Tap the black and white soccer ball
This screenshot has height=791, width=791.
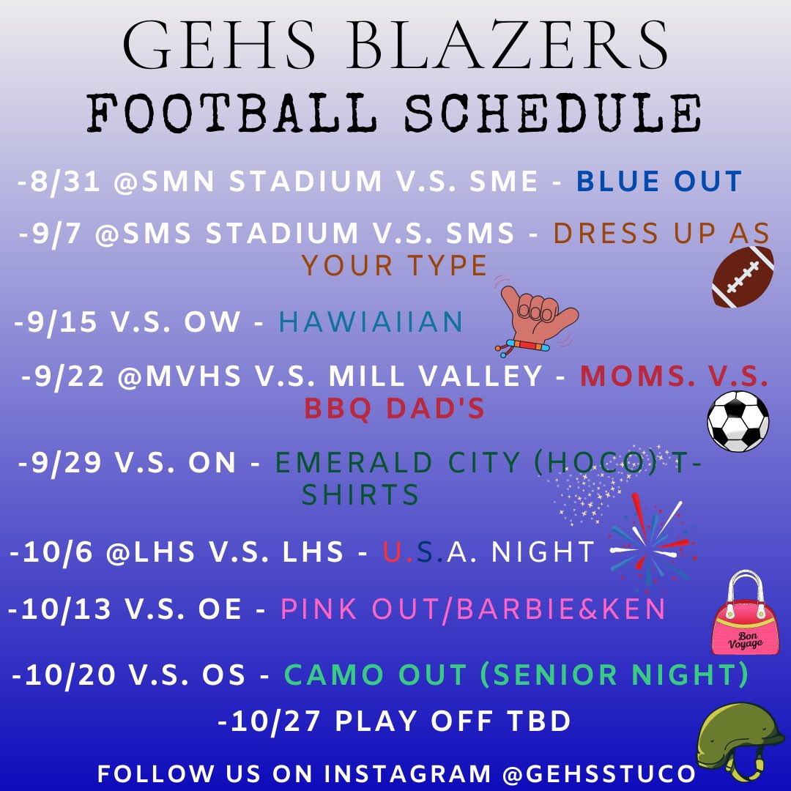point(738,420)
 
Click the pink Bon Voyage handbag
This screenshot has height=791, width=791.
point(740,614)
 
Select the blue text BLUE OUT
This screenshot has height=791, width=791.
point(659,182)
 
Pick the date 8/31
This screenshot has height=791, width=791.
point(65,182)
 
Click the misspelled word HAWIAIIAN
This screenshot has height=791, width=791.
point(371,322)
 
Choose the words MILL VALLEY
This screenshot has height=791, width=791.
point(435,376)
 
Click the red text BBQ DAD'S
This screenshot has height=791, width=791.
point(395,409)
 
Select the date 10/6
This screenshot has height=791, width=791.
point(59,552)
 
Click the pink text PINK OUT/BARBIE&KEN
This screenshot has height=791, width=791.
point(473,609)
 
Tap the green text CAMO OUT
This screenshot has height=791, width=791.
point(375,675)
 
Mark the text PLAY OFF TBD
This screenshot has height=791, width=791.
point(453,721)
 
